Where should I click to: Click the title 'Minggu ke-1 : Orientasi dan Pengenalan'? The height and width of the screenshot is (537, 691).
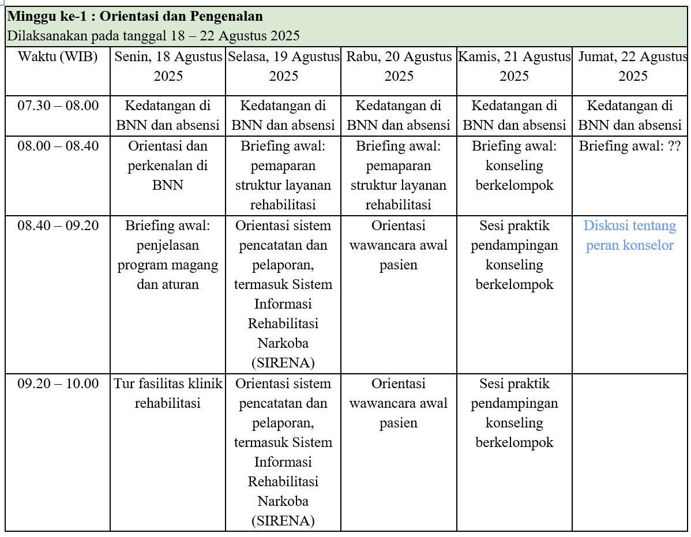pos(136,16)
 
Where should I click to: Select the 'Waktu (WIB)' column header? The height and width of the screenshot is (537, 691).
pos(58,57)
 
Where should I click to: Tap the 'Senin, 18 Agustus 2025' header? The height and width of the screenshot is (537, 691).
pos(168,66)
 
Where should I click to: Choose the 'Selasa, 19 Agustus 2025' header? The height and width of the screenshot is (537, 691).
pos(283,66)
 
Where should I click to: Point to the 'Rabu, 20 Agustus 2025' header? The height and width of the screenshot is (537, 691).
pos(399,66)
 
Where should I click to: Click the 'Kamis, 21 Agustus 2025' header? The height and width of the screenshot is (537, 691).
pos(514,66)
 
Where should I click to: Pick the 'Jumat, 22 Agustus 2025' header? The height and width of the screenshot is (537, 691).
pos(632,66)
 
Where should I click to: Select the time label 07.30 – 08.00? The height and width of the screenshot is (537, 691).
pos(58,106)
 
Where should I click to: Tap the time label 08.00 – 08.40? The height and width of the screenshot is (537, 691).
pos(58,146)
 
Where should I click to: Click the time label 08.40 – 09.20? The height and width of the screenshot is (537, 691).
pos(58,226)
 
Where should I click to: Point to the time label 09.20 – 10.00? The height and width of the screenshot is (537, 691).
pos(58,384)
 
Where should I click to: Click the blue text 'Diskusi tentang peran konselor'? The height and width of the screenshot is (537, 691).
pos(630,235)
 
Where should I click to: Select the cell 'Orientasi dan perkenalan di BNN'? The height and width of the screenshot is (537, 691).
pos(168,166)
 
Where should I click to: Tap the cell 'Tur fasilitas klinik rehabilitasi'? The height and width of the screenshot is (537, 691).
pos(168,393)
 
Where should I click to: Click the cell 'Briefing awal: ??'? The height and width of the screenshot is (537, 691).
pos(630,146)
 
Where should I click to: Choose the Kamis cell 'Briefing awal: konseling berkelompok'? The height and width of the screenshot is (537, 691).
pos(514,166)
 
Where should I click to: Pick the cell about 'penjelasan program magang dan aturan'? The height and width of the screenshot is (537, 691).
pos(168,255)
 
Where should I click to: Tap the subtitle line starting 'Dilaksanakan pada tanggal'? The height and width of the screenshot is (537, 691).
pos(153,36)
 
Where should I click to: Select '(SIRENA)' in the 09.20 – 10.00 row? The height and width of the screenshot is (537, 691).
pos(283,521)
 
